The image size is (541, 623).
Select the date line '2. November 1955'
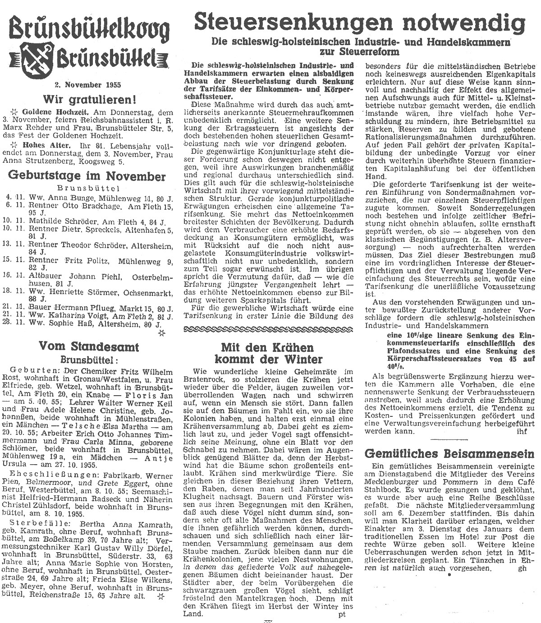coord(84,84)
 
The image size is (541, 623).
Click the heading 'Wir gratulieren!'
coord(84,99)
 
